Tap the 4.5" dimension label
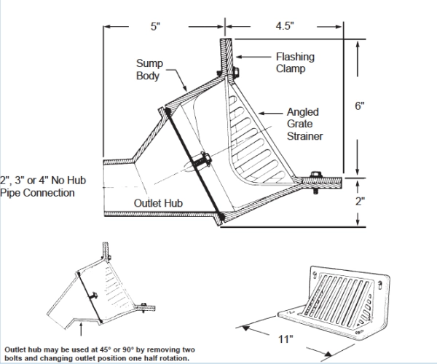click(284, 26)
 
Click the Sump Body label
click(149, 70)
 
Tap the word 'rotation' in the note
click(173, 357)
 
